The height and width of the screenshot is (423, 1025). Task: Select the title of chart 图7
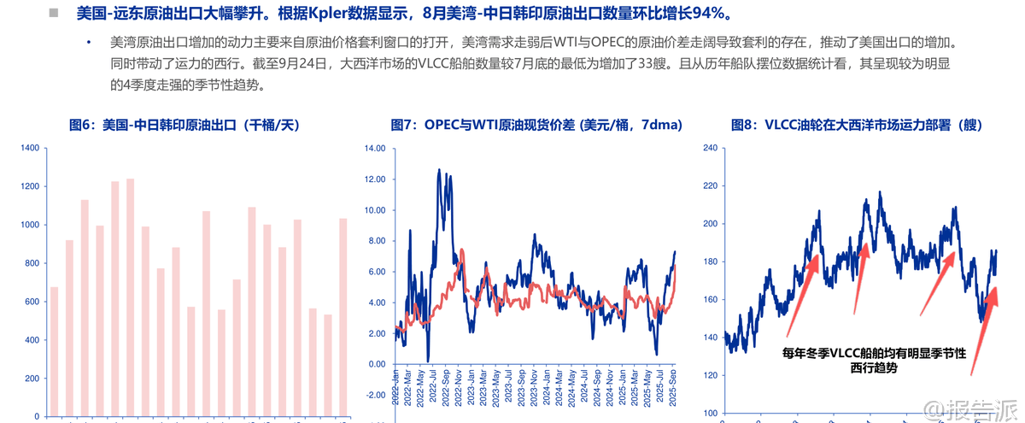(536, 125)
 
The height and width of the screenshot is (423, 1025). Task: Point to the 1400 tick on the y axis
(28, 148)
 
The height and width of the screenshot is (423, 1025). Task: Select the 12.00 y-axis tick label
(375, 179)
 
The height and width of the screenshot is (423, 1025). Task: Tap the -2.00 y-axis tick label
(375, 395)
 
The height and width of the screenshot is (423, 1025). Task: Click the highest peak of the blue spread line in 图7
(439, 170)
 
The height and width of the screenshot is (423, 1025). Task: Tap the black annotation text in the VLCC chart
(874, 359)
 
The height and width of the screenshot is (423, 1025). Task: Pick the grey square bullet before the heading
(54, 14)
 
